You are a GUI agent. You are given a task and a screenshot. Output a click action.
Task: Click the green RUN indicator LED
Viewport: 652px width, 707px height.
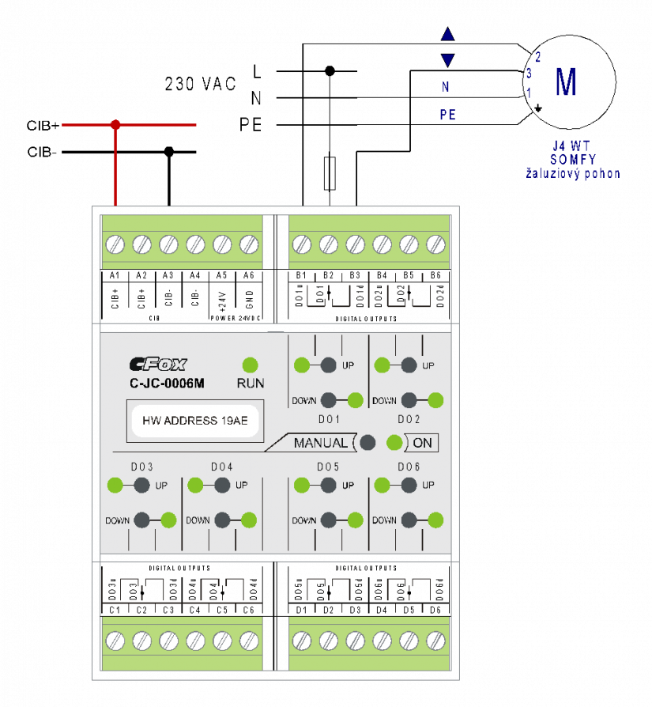(250, 365)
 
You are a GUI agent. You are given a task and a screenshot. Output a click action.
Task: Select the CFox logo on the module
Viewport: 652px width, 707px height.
(158, 365)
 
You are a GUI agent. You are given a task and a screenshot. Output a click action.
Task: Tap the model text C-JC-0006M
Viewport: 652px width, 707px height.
(167, 384)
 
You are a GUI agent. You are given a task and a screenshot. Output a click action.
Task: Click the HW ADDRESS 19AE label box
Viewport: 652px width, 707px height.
(194, 421)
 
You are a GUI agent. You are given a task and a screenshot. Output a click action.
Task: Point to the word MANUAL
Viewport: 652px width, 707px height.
(320, 443)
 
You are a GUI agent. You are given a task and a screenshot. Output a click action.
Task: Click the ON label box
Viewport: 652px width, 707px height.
(422, 443)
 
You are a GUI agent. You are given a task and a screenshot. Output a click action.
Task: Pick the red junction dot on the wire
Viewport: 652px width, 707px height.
(115, 125)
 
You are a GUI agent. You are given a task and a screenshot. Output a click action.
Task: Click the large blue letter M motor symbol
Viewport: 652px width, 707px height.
(565, 83)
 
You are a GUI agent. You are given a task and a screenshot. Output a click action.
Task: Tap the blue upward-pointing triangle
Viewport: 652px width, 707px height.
(448, 35)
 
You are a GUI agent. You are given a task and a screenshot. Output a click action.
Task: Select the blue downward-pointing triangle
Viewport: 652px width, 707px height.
(448, 60)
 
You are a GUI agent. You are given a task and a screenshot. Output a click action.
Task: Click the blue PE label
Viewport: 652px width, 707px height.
(448, 115)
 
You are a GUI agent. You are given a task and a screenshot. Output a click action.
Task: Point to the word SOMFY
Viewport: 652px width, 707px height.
(573, 160)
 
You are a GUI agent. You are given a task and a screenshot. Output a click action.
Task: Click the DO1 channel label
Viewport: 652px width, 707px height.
(329, 419)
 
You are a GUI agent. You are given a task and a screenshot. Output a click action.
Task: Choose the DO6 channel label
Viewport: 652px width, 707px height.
(409, 467)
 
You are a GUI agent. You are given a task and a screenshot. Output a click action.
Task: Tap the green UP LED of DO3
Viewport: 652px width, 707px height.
(115, 485)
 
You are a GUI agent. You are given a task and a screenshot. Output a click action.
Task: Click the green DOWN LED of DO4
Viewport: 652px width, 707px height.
(249, 520)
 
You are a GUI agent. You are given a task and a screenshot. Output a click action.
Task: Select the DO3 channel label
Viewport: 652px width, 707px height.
(142, 467)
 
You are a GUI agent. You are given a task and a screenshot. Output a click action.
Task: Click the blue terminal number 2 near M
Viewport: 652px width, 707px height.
(538, 57)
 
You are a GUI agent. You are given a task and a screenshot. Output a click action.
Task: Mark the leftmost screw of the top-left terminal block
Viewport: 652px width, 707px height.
(115, 244)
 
